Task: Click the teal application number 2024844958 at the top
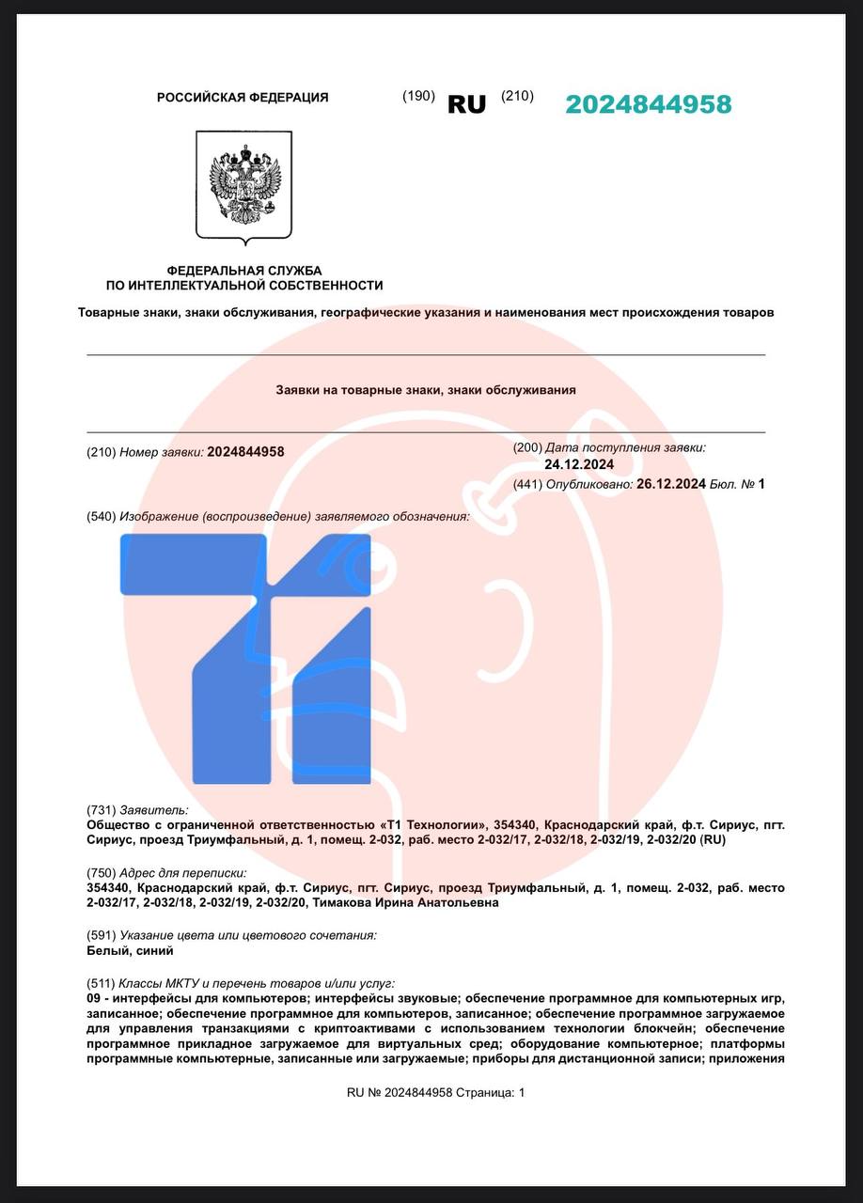648,104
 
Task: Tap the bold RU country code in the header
466,104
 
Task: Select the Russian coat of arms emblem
244,186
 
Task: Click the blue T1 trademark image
247,658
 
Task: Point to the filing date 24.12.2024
579,464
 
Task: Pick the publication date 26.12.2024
671,484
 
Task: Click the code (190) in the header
418,96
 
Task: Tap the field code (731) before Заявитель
101,810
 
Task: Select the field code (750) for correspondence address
101,873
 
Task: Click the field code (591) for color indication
101,935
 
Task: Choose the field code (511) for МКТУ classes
101,982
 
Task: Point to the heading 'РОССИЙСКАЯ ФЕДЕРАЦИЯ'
243,98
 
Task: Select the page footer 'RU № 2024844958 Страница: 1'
436,1092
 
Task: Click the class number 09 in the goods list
93,997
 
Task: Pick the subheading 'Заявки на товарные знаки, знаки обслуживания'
426,389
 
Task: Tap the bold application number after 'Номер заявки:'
245,452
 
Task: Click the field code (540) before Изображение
101,517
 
